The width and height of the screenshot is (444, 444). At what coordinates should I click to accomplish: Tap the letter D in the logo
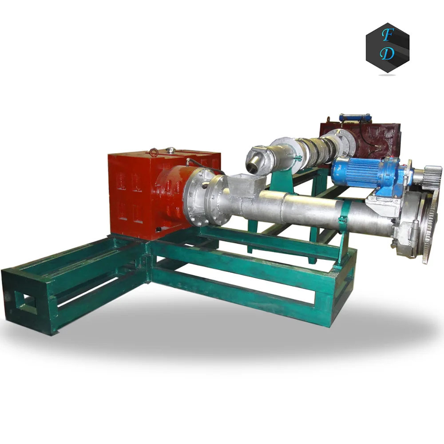click(388, 54)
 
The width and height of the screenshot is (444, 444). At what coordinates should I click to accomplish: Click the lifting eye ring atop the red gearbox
click(154, 153)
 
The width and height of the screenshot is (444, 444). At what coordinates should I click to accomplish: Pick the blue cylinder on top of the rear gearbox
click(355, 118)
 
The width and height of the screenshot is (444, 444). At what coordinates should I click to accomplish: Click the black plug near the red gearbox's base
click(158, 228)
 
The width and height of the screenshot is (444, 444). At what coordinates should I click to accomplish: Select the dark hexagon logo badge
click(387, 47)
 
